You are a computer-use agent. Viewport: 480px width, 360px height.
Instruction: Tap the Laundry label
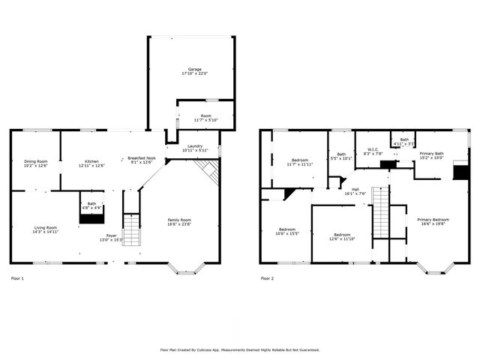(194, 146)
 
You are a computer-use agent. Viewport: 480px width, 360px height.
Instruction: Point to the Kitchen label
(92, 162)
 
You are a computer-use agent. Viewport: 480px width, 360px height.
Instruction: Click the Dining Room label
(35, 162)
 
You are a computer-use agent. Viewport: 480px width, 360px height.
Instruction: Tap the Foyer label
(110, 236)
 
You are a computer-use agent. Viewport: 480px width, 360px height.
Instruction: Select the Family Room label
(178, 220)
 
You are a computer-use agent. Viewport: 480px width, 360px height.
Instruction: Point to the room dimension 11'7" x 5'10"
(204, 120)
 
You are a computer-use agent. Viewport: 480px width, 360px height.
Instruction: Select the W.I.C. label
(373, 151)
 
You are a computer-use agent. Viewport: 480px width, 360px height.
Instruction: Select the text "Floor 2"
(267, 279)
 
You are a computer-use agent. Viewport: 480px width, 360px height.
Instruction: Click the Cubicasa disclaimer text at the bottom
(240, 349)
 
